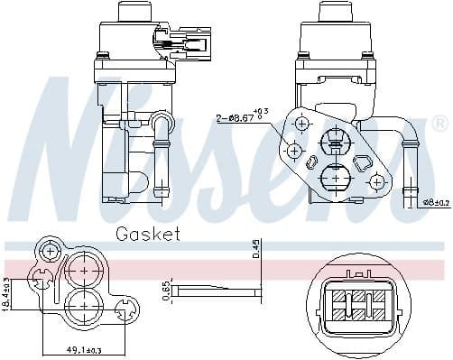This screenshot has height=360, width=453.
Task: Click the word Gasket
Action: click(148, 235)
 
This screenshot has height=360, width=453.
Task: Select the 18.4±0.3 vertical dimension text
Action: click(6, 293)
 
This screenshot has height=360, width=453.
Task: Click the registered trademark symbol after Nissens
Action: click(439, 123)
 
